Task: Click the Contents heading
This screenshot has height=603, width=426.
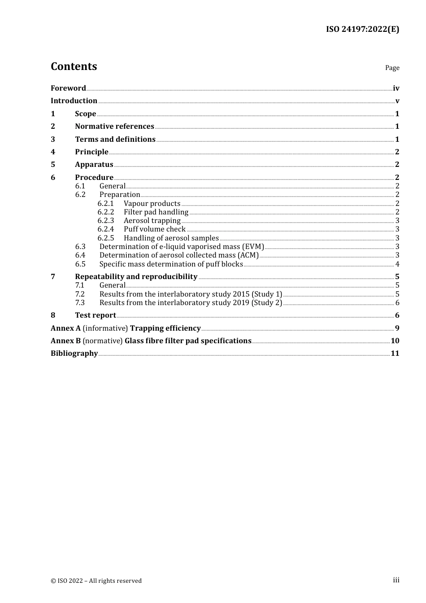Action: [74, 66]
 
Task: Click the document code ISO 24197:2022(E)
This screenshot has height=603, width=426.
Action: [362, 30]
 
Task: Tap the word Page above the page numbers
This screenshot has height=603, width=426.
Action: [392, 68]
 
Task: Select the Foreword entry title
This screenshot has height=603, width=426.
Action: [68, 88]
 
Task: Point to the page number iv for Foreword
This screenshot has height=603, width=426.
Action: [396, 88]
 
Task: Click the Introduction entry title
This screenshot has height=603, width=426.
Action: [74, 100]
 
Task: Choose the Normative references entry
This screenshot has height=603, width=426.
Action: [114, 127]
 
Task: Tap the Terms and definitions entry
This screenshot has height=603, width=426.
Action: [115, 139]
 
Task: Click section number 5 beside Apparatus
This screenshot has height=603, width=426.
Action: [53, 165]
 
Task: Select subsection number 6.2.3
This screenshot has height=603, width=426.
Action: [106, 221]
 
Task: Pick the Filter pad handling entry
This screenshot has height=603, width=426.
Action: [156, 212]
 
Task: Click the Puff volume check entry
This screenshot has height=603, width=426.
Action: [155, 229]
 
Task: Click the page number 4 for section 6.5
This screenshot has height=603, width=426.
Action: [397, 264]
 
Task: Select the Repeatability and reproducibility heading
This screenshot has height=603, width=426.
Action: [136, 277]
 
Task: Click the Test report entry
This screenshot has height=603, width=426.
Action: [96, 315]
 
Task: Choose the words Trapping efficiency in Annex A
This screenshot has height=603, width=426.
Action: [165, 328]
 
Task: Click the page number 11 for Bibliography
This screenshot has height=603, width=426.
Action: [395, 354]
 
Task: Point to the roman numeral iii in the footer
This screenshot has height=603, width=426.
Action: [396, 580]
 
